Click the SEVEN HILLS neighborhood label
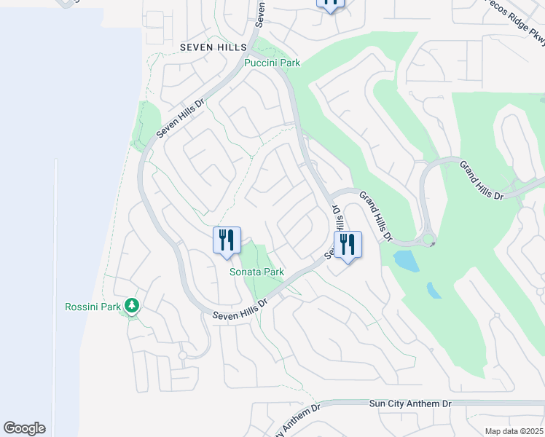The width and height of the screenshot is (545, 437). coord(210,47)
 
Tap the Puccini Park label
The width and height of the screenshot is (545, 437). coord(272,63)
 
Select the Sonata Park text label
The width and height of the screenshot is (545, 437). coord(256,272)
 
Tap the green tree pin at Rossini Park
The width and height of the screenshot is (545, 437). coord(132,306)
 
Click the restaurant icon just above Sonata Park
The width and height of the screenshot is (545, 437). coord(227,240)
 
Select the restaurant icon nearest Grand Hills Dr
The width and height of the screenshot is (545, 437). coord(348,245)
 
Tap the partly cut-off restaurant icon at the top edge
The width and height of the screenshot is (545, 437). coord(330,4)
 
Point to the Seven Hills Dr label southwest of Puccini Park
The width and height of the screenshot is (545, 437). coord(181,117)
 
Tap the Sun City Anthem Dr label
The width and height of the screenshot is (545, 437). coord(410,403)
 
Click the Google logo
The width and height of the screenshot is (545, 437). coord(24,428)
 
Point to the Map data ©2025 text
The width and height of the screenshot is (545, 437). coord(514,431)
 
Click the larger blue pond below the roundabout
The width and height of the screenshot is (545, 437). coord(406,260)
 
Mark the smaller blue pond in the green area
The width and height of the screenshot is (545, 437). coord(434,290)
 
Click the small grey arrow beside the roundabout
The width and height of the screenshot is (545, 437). coord(433,244)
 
